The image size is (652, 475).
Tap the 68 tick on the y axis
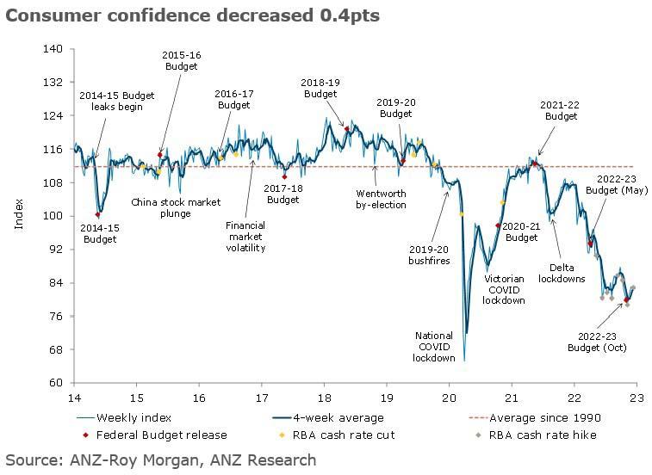coord(56,349)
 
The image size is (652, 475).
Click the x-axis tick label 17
coord(261,398)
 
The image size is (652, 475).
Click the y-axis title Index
coord(19,215)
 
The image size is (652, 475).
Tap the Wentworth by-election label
coord(380,200)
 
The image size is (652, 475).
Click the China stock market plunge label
coord(176,207)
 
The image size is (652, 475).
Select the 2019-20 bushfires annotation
coord(429,255)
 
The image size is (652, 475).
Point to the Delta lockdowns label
coord(562,273)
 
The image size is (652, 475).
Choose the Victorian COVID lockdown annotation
coord(504,289)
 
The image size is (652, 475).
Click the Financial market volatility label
coord(245,237)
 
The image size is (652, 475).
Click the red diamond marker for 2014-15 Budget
coord(98,214)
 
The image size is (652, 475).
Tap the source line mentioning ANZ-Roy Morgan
coord(161,460)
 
